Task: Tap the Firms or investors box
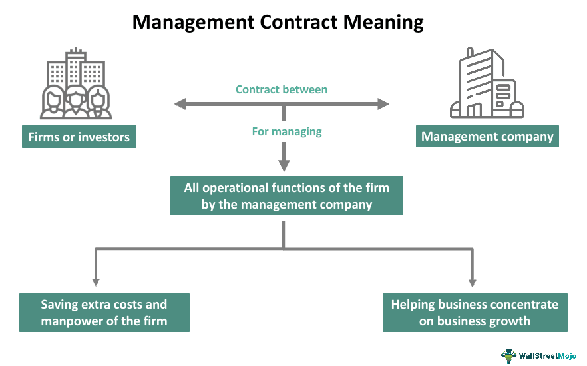click(79, 137)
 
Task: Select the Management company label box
click(487, 137)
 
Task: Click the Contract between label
click(282, 89)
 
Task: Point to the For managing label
click(286, 131)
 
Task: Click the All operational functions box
click(286, 196)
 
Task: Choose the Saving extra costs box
click(104, 313)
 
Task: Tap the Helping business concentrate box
click(475, 313)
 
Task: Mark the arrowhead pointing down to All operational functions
click(284, 166)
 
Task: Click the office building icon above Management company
click(487, 83)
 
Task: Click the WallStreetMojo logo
click(540, 354)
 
